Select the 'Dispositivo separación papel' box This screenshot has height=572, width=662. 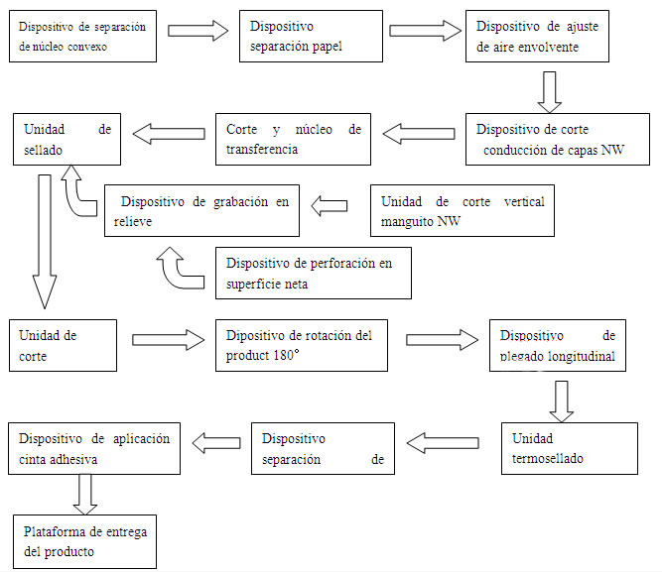click(311, 36)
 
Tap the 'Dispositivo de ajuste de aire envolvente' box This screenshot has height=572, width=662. click(537, 36)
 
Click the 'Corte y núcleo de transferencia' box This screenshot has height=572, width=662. click(294, 138)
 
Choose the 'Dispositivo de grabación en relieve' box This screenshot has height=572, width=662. click(202, 210)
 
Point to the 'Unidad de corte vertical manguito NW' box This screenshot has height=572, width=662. click(463, 210)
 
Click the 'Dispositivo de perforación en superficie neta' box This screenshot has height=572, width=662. click(313, 273)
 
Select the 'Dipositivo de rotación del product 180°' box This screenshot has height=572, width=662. click(302, 344)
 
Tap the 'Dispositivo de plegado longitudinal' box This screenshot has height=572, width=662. click(558, 344)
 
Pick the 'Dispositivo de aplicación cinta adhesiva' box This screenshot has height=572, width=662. click(94, 448)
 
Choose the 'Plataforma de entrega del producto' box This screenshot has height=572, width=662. click(85, 539)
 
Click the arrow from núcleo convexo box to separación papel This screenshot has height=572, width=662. click(198, 30)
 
